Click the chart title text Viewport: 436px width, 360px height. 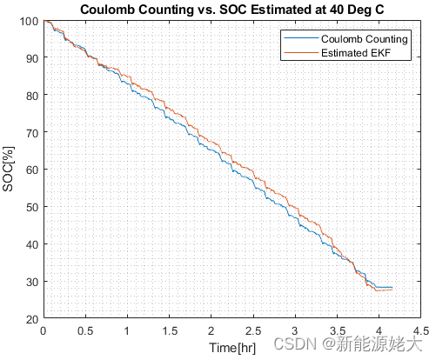coord(232,10)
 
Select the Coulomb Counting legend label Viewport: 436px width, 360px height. coord(365,39)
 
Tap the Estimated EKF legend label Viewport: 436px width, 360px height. coord(356,53)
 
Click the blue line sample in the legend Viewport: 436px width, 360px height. coord(301,38)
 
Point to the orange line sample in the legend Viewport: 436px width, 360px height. coord(301,52)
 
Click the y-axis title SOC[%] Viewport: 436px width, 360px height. coord(8,170)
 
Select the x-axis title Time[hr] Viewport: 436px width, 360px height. coord(232,348)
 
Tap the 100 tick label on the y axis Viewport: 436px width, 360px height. coord(29,21)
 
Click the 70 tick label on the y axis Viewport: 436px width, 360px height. coord(32,134)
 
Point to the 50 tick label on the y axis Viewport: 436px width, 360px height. coord(32,208)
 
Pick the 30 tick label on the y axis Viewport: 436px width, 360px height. coord(32,282)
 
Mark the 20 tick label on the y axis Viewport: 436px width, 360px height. coord(32,319)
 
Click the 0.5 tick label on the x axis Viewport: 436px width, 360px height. coord(85,330)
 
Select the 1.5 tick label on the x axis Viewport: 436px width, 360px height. coord(170,330)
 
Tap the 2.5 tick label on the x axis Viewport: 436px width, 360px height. coord(253,330)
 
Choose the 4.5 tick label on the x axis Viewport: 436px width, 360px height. coord(421,330)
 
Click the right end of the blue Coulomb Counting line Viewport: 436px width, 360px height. coord(392,287)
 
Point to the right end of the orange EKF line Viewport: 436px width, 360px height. coord(392,290)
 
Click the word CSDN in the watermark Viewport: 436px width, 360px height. coord(295,343)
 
